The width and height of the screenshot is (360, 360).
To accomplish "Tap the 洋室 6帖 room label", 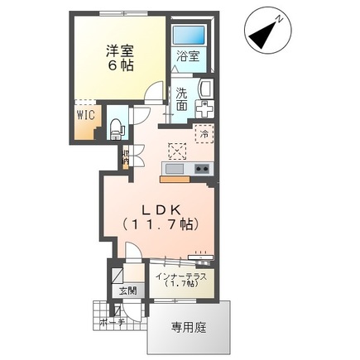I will [120, 56].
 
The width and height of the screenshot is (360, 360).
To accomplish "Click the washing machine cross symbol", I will [204, 110].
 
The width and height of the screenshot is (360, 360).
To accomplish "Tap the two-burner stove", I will [202, 169].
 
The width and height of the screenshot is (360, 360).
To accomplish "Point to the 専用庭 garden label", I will [189, 328].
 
